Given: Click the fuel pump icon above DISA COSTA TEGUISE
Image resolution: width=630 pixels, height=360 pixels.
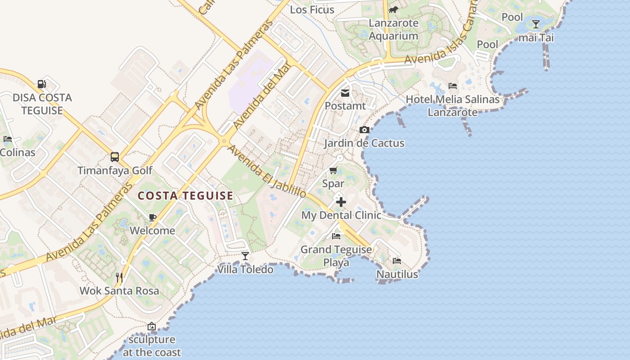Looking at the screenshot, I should (x=41, y=84).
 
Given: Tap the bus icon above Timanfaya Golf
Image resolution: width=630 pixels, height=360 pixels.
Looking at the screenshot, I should (x=115, y=157).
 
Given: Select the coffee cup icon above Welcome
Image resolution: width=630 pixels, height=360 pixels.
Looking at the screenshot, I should (x=153, y=218).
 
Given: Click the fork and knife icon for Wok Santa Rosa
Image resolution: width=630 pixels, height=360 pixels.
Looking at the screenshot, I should (x=119, y=278).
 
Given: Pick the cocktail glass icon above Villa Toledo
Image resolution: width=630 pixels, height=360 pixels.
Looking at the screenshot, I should (x=245, y=256).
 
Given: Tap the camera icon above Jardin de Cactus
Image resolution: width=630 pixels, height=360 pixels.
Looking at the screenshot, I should (x=364, y=130).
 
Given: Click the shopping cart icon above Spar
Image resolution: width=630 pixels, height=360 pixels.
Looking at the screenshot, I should (x=333, y=170).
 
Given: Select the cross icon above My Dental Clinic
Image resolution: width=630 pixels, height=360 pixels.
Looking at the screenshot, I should (x=341, y=202).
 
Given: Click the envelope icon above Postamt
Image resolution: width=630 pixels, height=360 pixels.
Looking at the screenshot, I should (x=345, y=93).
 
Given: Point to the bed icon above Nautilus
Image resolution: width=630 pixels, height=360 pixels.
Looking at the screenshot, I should (x=397, y=261).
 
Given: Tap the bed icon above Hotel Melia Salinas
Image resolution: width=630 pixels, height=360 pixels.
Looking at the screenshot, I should (x=453, y=86).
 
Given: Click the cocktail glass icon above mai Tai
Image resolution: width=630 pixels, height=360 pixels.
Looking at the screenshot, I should (x=535, y=24).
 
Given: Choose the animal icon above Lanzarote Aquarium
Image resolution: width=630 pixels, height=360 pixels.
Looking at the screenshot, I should (x=394, y=9).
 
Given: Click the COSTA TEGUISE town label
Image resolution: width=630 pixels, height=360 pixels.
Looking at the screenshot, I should (x=185, y=196).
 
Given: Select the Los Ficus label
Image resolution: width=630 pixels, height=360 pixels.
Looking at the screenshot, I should (x=312, y=9).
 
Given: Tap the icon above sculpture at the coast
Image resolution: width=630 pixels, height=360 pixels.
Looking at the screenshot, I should (x=152, y=326).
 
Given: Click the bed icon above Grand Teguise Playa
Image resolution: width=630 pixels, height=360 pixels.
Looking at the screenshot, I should (x=336, y=236).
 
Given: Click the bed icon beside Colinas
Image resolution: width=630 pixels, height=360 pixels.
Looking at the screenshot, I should (x=8, y=139).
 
